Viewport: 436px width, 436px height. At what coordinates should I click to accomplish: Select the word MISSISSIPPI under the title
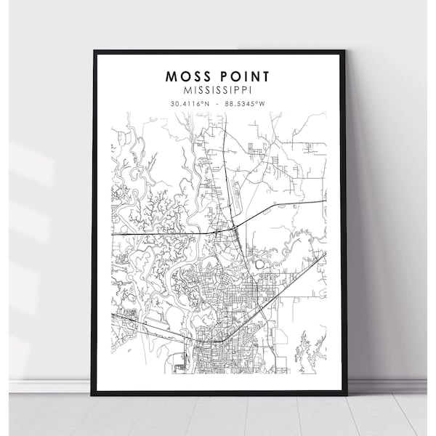pyautogui.click(x=219, y=90)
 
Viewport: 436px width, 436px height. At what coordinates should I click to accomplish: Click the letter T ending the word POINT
pyautogui.click(x=268, y=76)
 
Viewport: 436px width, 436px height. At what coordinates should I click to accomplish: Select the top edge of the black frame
pyautogui.click(x=219, y=52)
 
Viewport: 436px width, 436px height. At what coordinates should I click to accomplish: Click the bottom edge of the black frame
pyautogui.click(x=219, y=392)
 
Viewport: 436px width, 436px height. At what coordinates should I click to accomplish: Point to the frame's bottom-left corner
pyautogui.click(x=94, y=392)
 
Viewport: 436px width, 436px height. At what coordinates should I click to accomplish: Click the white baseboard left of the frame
pyautogui.click(x=44, y=386)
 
